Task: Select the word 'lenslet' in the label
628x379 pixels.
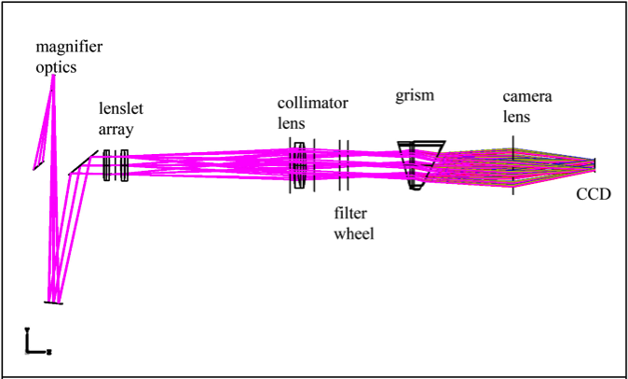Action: (x=121, y=109)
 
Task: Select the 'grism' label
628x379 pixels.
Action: (x=416, y=95)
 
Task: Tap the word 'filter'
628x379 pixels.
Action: (x=350, y=214)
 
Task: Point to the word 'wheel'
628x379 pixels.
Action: (x=354, y=233)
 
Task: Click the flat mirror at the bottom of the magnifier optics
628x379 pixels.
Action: (x=53, y=302)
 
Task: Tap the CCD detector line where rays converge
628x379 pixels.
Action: (x=595, y=165)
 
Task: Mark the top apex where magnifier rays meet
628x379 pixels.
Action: (x=53, y=77)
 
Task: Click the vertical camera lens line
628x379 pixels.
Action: (x=512, y=165)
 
